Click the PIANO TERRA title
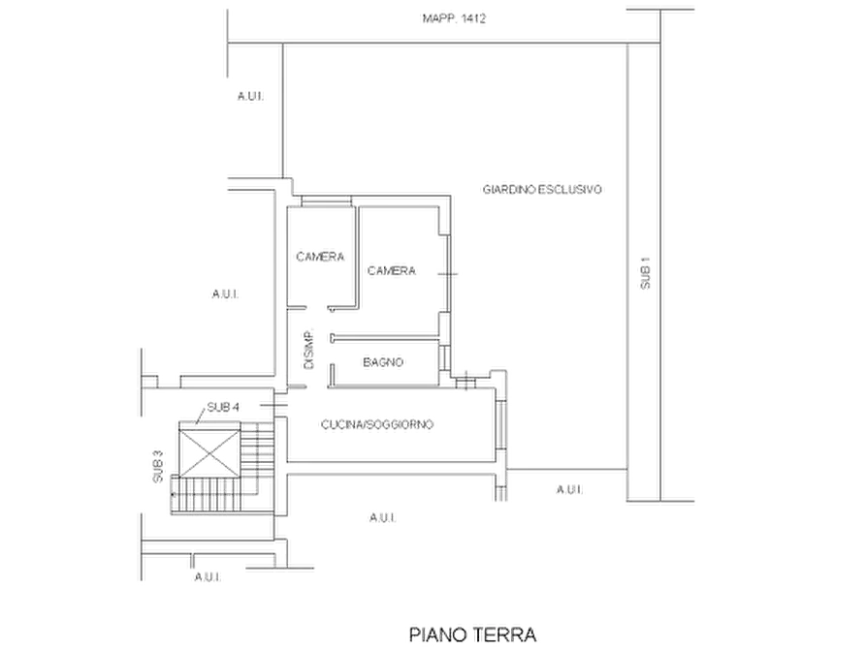point(473,634)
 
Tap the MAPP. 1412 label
point(454,18)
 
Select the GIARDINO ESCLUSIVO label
point(542,189)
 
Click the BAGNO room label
point(383,362)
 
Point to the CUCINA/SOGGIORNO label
point(377,424)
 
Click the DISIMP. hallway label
point(308,350)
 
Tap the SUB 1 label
point(645,273)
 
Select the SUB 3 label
point(158,467)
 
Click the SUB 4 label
point(223,407)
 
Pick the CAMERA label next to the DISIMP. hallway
point(320,257)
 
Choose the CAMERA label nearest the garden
point(392,271)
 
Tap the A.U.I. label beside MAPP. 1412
point(250,96)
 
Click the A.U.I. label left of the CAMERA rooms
point(225,294)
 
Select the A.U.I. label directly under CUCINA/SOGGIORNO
point(383,517)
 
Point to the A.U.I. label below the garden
point(569,489)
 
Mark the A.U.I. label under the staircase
point(208,577)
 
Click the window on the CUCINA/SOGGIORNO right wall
point(501,424)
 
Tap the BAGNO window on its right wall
point(443,357)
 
